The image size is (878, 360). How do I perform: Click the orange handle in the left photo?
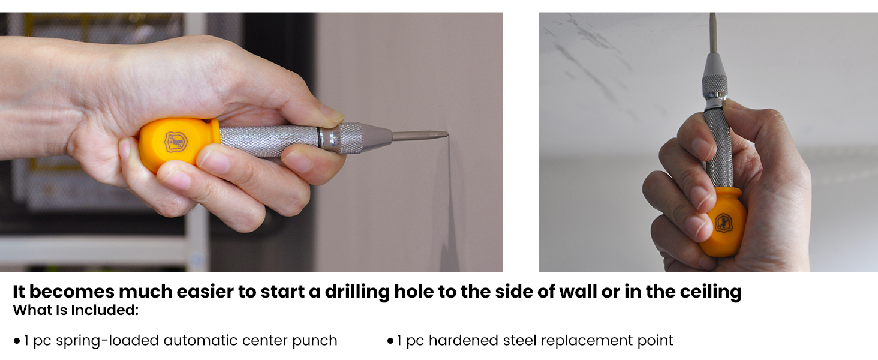point(174,142)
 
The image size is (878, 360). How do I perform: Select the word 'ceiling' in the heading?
point(711,292)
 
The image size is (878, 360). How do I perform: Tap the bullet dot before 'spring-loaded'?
point(17,341)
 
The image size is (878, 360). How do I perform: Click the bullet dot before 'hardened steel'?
point(390,341)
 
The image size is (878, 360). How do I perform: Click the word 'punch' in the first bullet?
point(315,341)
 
